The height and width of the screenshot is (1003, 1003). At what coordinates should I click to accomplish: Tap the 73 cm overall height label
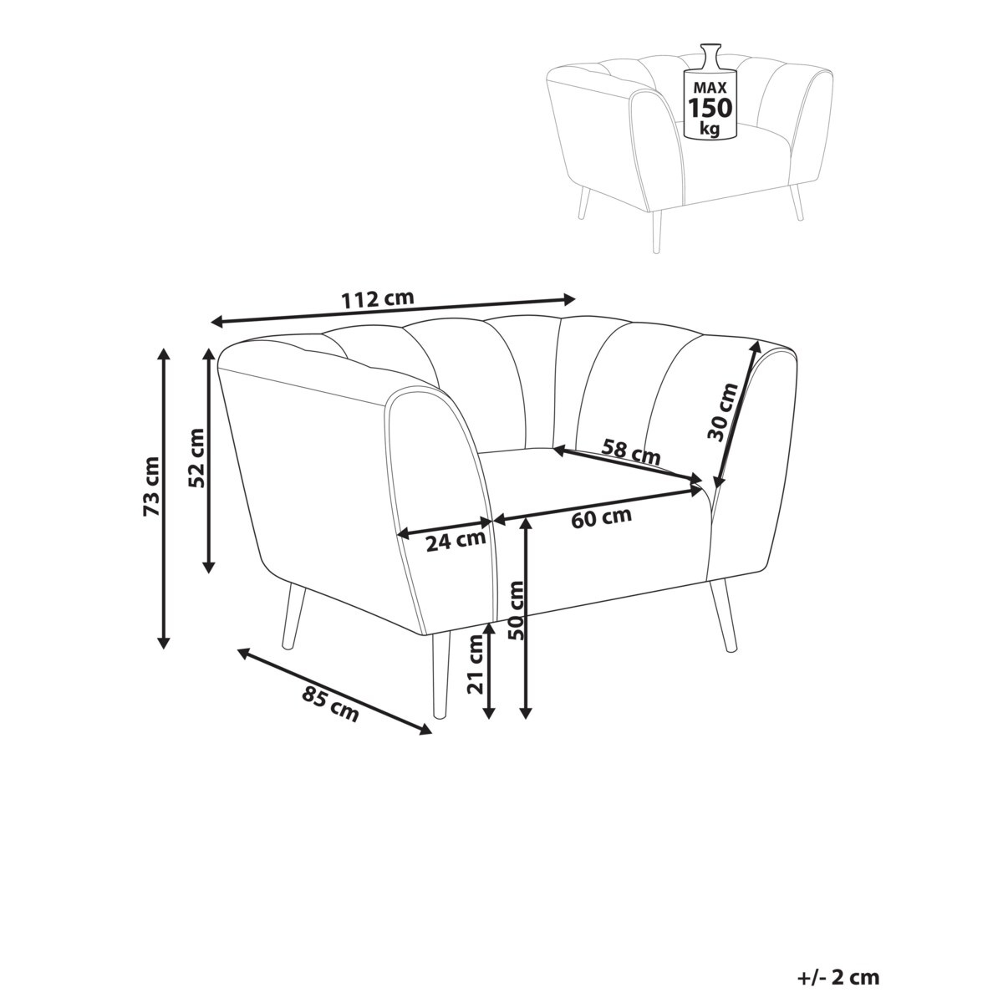click(x=151, y=486)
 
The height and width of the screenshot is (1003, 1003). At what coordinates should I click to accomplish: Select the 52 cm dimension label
click(x=196, y=457)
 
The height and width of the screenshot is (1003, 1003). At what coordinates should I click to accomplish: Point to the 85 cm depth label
click(x=330, y=705)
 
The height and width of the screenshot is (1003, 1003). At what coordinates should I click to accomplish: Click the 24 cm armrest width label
click(x=456, y=542)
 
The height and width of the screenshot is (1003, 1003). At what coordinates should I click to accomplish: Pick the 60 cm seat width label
click(x=601, y=517)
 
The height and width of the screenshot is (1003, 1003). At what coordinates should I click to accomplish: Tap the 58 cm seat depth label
click(x=631, y=451)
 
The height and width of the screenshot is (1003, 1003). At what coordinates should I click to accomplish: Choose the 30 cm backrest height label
click(x=724, y=412)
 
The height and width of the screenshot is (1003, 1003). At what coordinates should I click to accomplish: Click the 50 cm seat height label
click(x=517, y=610)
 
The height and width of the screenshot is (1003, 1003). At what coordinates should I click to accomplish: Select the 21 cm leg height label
click(x=476, y=664)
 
